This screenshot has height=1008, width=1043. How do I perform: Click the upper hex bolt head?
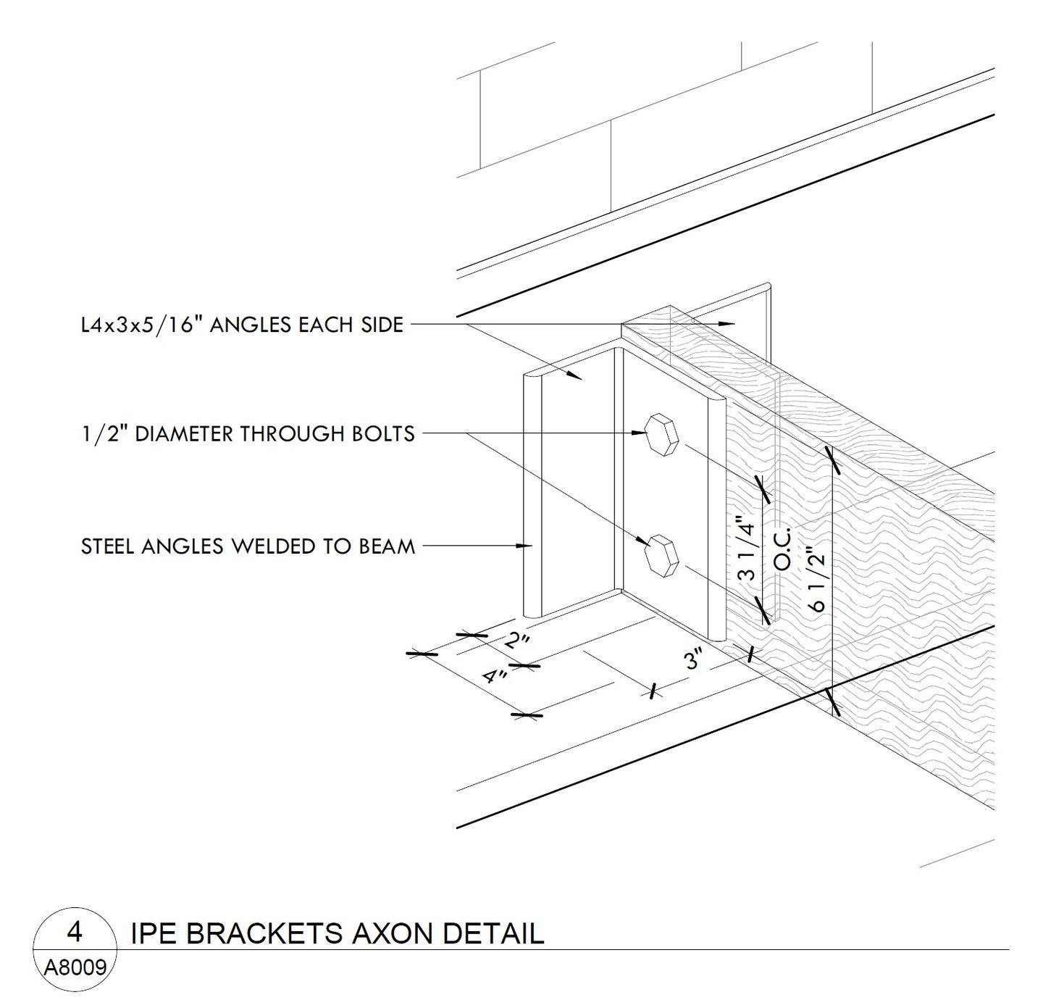click(x=661, y=434)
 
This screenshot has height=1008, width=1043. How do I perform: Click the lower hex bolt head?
click(x=661, y=557)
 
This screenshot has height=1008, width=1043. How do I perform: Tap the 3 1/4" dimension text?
click(x=747, y=548)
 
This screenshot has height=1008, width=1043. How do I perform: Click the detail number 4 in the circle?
click(x=74, y=932)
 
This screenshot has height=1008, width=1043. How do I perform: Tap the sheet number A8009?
click(x=75, y=967)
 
